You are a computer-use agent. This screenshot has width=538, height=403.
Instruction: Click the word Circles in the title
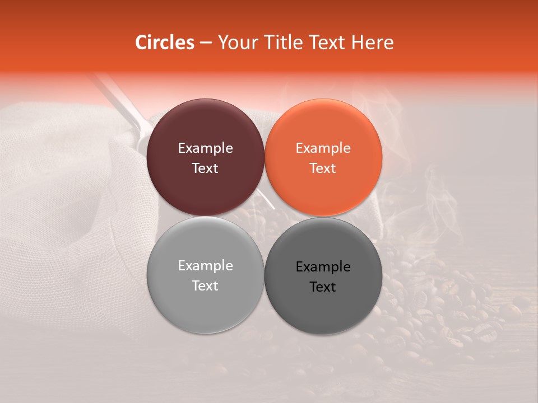point(164,43)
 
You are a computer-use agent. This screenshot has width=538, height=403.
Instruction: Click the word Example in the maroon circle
point(205,148)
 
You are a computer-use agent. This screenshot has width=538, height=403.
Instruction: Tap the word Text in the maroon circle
point(205,168)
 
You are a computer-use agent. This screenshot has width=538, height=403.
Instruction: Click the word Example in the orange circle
point(323,148)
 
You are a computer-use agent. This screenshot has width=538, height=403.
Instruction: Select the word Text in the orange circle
point(323,168)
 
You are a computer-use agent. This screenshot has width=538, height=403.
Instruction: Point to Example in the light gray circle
point(205,266)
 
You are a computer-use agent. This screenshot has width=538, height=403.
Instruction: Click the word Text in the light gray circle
point(205,286)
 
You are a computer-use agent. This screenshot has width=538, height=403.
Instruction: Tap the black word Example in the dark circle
point(323,267)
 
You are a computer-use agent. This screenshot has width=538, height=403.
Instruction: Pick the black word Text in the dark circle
point(323,287)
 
